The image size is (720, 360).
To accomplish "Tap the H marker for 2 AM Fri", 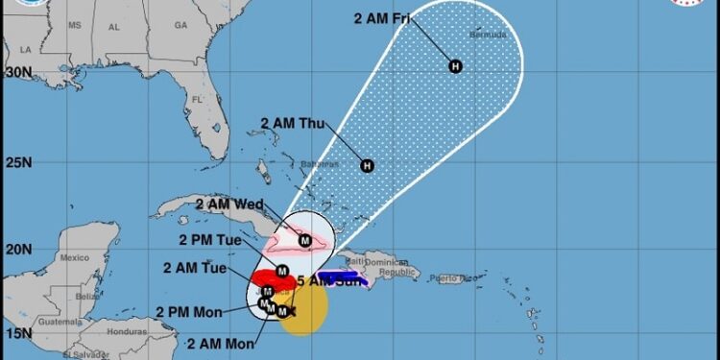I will point(455,66).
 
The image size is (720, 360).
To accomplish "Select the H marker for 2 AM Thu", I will point(367,166).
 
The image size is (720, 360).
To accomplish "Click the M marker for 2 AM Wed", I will point(304,241).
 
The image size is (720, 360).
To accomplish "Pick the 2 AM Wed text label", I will point(229,204).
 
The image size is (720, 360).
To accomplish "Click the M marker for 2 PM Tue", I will point(282,270).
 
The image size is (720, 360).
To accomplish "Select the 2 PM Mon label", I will point(188,311).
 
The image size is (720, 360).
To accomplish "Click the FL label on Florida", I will point(198,99).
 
